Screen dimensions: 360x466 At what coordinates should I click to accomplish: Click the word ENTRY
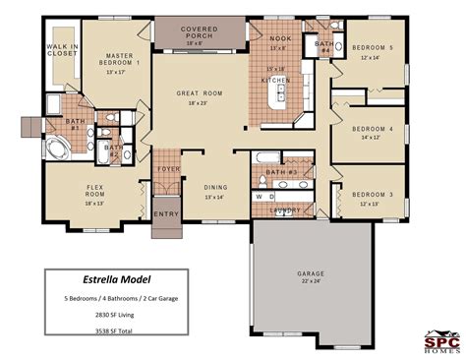tap(165, 212)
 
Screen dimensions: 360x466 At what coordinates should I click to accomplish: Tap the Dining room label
tap(216, 187)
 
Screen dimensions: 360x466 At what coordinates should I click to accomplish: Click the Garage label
tap(312, 274)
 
